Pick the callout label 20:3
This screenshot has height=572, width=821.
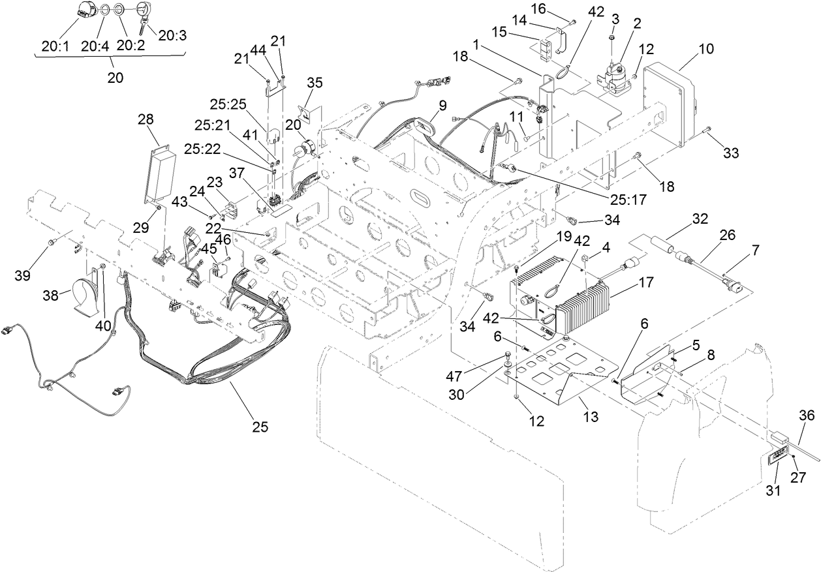pyautogui.click(x=172, y=35)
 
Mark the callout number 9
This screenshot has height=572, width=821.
pyautogui.click(x=442, y=104)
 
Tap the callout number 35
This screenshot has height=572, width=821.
pyautogui.click(x=315, y=82)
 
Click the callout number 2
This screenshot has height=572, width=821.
pyautogui.click(x=636, y=23)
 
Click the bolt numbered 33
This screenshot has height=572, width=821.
pyautogui.click(x=707, y=133)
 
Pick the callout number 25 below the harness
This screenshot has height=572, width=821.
pyautogui.click(x=260, y=427)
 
